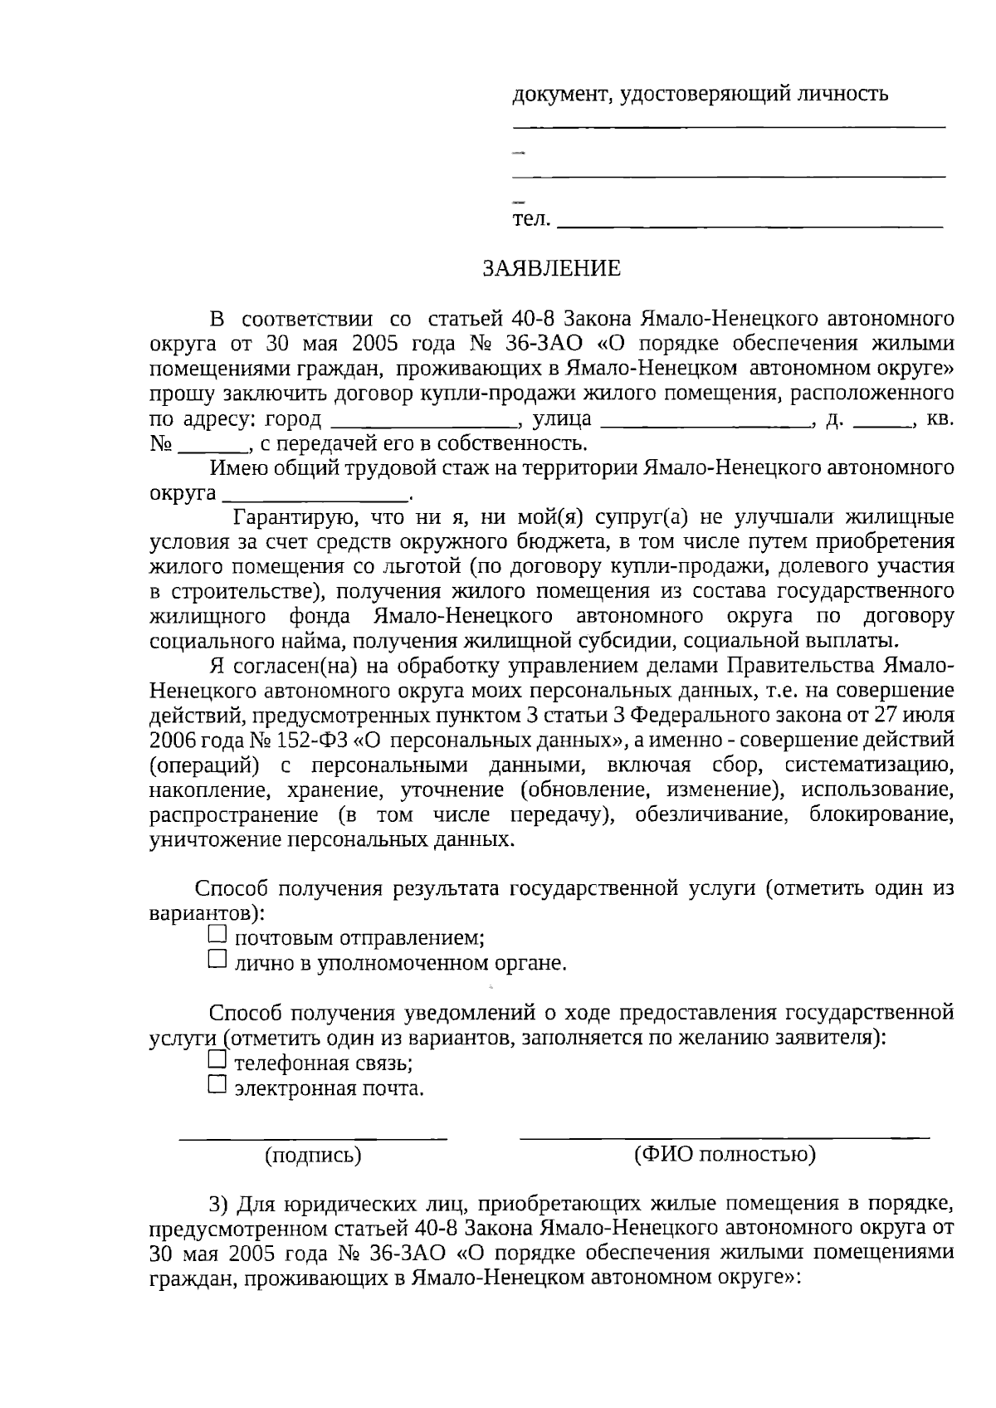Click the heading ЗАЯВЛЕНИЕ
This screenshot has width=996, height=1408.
pos(552,268)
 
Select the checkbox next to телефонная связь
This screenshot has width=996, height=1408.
pos(217,1059)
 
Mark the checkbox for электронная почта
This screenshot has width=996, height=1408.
pos(217,1084)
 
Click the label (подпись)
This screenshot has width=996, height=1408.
pos(312,1155)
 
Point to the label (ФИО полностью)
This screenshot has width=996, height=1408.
pos(724,1154)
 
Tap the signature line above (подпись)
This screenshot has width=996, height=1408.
pos(314,1136)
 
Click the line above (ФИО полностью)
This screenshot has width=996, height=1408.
pos(724,1134)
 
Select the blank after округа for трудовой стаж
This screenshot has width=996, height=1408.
pos(315,496)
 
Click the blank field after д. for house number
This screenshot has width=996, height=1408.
pos(882,422)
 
